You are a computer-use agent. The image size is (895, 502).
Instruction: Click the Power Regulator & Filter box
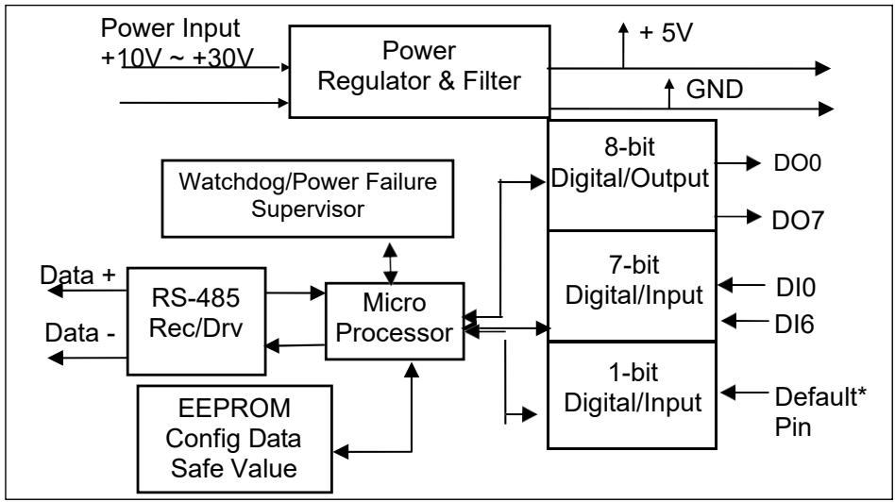(419, 72)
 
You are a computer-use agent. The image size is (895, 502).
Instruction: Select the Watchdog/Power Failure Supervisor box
(308, 198)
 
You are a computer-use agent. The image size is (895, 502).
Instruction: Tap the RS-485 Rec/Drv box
(196, 321)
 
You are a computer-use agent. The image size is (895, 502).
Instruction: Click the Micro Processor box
(395, 321)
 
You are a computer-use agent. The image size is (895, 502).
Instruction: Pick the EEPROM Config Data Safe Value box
(234, 439)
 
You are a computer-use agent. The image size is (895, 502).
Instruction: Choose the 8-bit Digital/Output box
(632, 176)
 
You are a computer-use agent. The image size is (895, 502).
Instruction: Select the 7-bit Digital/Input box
(632, 286)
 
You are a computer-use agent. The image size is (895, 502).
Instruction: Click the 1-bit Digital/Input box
(632, 395)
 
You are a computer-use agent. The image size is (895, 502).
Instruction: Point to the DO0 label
(798, 163)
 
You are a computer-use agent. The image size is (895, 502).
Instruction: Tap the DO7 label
(798, 220)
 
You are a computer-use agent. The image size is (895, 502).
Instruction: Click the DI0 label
(796, 288)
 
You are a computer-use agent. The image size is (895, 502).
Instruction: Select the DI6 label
(794, 325)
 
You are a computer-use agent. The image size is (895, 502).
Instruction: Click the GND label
(715, 90)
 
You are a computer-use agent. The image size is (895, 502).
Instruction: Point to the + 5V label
(667, 32)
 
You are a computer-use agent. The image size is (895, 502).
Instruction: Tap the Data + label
(77, 275)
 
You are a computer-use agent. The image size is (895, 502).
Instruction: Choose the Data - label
(80, 332)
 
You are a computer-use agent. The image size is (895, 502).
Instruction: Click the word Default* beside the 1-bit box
(820, 396)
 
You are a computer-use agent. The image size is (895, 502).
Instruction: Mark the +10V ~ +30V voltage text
(177, 58)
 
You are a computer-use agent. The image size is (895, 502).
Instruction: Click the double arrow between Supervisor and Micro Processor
(391, 263)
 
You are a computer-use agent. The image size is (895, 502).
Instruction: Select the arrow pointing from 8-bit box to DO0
(738, 164)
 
